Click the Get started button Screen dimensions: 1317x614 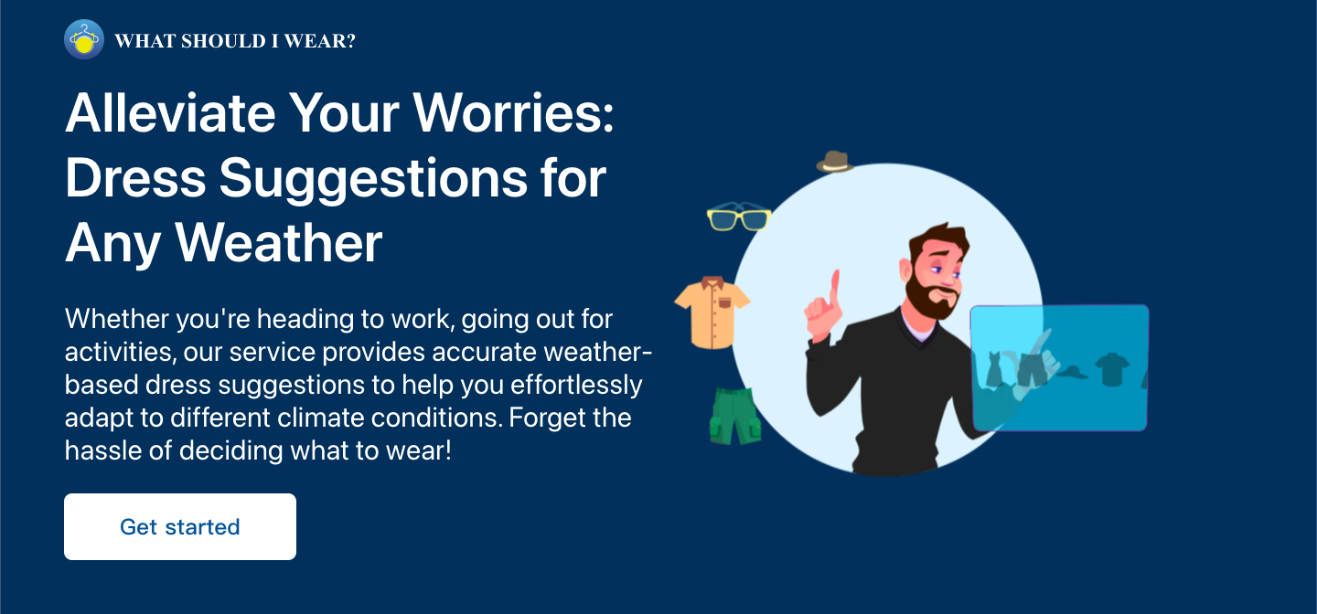[180, 526]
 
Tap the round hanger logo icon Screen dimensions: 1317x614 [84, 39]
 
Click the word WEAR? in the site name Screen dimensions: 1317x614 [320, 41]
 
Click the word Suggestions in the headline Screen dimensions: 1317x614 [373, 179]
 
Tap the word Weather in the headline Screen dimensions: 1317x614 [279, 243]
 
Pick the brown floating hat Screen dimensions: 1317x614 [835, 162]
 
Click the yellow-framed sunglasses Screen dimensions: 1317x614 [739, 217]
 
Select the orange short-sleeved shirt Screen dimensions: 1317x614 [712, 312]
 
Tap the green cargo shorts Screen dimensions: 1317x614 [735, 416]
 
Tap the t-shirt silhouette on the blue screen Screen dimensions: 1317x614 [1112, 369]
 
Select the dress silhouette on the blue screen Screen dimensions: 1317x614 [993, 369]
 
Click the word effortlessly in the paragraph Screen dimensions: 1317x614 [576, 385]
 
